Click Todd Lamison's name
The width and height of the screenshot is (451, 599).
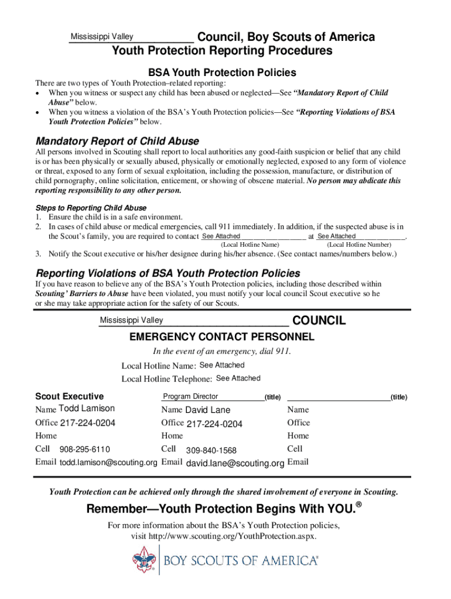tap(87, 408)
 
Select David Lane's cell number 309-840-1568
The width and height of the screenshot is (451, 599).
tap(211, 450)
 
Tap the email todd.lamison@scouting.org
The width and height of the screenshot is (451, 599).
tap(108, 462)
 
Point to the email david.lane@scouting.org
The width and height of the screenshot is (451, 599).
tap(235, 463)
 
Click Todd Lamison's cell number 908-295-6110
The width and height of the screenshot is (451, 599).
tap(84, 449)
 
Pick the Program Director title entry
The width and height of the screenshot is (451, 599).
tap(190, 397)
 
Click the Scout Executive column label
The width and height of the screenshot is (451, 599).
tap(70, 396)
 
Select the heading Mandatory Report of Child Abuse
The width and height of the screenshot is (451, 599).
tap(117, 142)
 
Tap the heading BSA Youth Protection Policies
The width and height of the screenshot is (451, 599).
tap(222, 73)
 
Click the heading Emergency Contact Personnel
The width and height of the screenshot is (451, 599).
tap(222, 337)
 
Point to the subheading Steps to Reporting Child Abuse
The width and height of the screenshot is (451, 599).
tap(91, 208)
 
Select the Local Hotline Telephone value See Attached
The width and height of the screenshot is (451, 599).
tap(238, 378)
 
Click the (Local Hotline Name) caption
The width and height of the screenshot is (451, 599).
tap(250, 245)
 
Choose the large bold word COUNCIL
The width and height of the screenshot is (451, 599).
tap(319, 321)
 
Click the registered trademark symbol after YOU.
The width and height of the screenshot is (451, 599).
tap(360, 503)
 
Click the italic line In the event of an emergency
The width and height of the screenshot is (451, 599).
tap(222, 352)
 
